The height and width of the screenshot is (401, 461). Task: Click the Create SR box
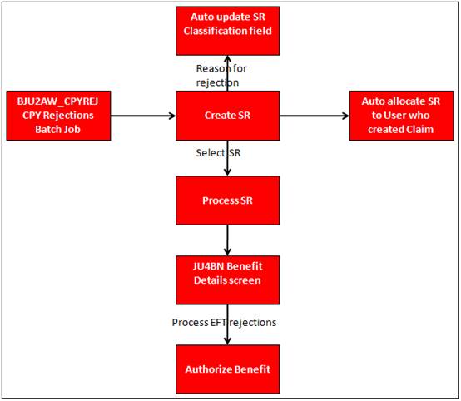pos(227,116)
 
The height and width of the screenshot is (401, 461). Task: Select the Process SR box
pos(227,200)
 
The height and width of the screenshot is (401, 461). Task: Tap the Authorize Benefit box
pos(227,369)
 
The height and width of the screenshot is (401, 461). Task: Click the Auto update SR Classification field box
pos(227,31)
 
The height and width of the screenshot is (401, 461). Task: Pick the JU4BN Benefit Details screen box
pos(227,280)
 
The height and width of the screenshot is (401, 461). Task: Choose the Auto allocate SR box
pos(401,116)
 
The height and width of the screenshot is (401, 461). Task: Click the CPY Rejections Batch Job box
pos(58,116)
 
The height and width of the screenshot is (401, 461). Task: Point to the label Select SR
pos(218,153)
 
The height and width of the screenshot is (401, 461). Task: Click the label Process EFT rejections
pos(224,323)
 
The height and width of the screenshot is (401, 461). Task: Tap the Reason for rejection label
pos(221,76)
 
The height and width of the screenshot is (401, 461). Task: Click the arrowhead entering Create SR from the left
pos(172,116)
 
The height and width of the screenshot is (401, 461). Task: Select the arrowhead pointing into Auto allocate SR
pos(346,116)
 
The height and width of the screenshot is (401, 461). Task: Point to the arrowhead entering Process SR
pos(227,172)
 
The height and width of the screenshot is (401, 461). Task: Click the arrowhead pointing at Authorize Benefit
pos(227,341)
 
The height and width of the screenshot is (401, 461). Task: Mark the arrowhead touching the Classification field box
pos(227,59)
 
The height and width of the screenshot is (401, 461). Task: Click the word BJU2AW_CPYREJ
pos(57,101)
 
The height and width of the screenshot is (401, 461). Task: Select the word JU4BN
pos(206,266)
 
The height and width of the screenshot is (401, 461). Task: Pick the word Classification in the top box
pos(211,31)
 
